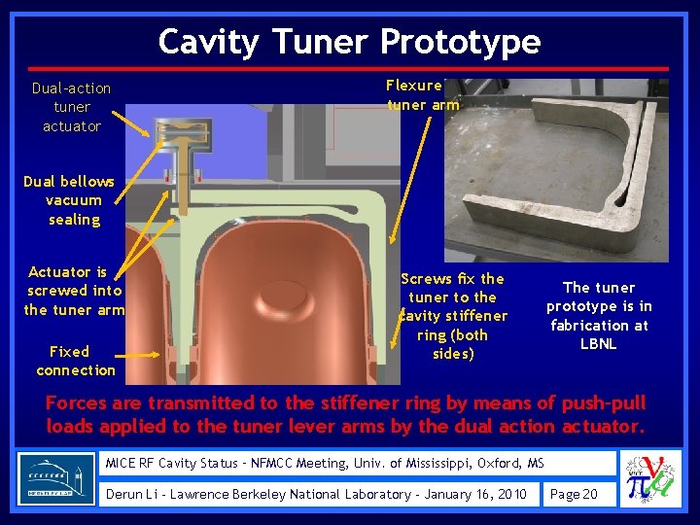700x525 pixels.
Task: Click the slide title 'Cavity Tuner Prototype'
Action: (349, 42)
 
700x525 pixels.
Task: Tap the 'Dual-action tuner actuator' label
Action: (71, 107)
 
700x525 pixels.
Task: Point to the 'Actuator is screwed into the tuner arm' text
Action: (74, 291)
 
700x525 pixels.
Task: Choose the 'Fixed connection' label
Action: (75, 361)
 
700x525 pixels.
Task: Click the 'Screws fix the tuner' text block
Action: (453, 316)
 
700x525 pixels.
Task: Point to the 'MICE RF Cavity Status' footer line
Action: (325, 464)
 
